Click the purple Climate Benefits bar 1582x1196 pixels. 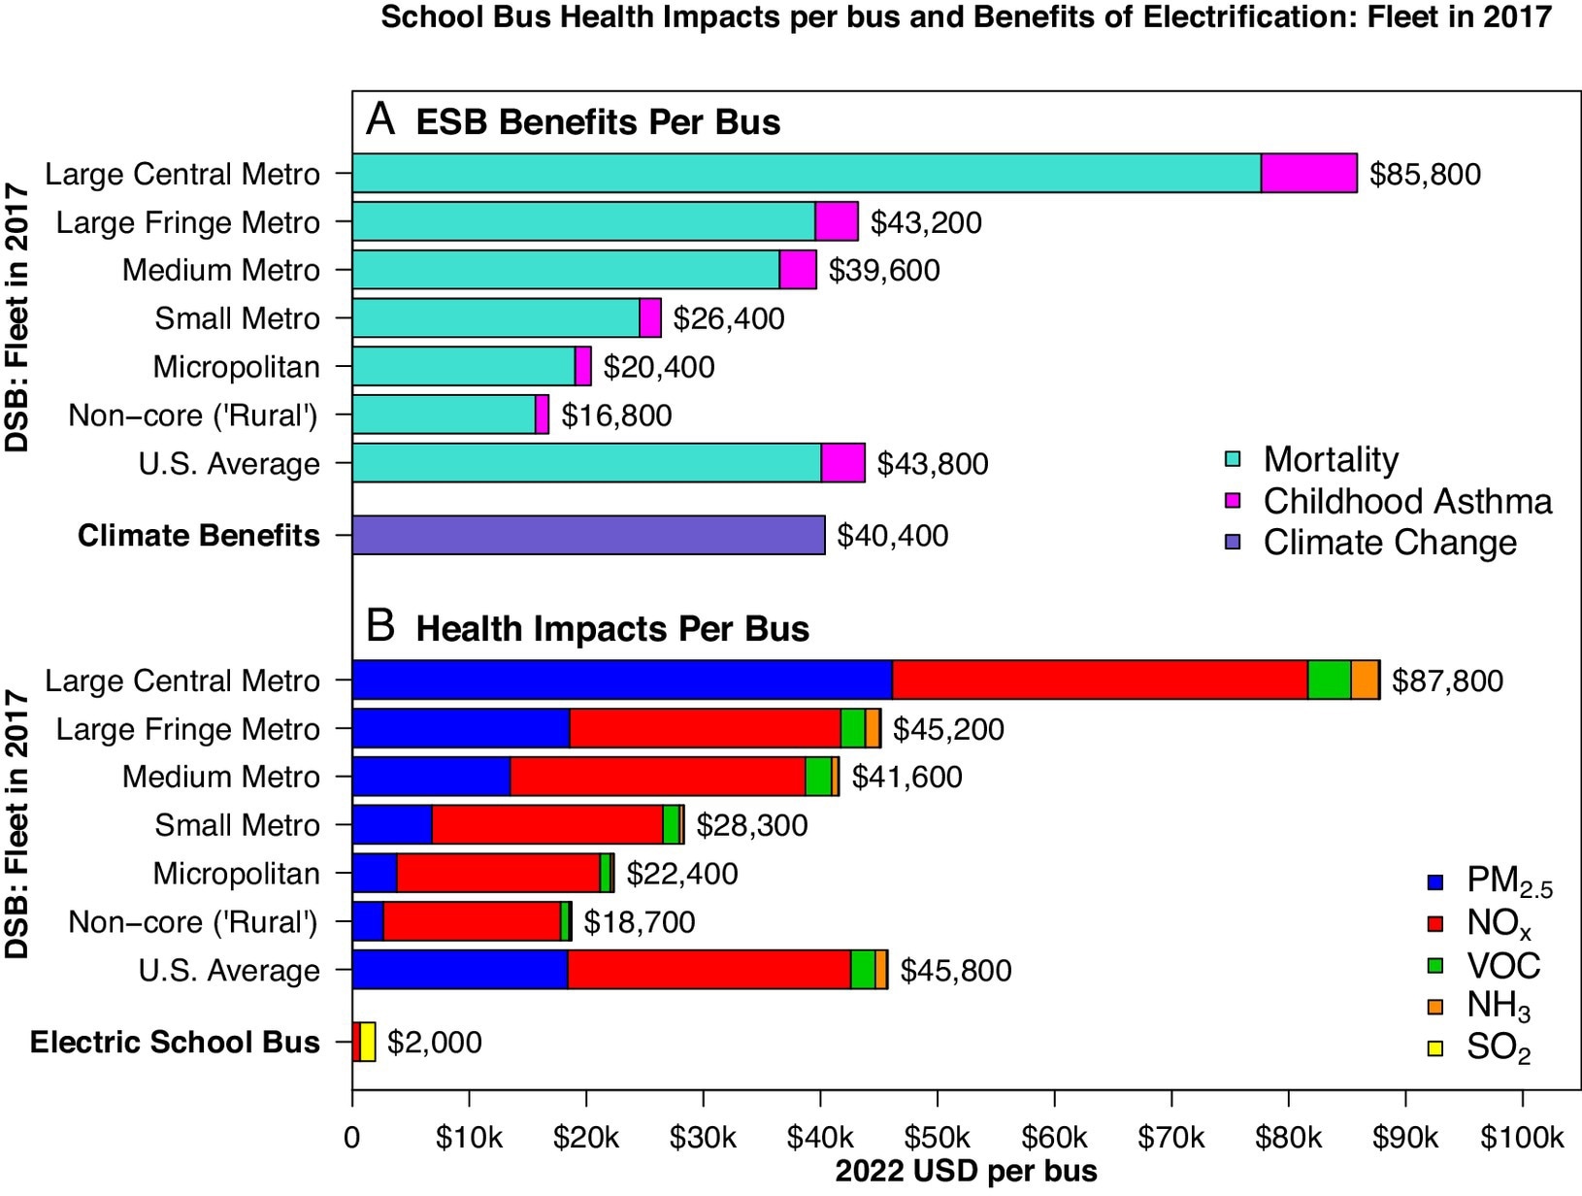pos(588,535)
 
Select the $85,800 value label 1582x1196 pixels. pos(1424,175)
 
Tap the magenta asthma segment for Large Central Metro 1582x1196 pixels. pos(1308,174)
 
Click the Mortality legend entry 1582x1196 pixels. pos(1330,459)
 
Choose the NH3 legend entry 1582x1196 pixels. pos(1498,1007)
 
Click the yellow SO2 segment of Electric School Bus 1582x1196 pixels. pos(368,1042)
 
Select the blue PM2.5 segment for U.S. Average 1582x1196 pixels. pos(459,970)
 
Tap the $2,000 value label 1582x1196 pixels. pos(434,1043)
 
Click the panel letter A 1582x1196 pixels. pos(380,120)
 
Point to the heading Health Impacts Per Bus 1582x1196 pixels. pos(611,629)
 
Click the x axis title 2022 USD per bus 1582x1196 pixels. pos(966,1172)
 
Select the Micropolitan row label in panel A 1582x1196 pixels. pos(236,367)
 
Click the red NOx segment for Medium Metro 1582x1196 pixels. pos(657,777)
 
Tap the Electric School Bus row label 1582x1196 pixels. pos(175,1043)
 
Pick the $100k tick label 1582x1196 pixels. pos(1521,1137)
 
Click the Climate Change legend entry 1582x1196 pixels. pos(1389,543)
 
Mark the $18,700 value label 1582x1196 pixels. pos(639,922)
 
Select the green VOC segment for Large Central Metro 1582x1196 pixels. pos(1329,680)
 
